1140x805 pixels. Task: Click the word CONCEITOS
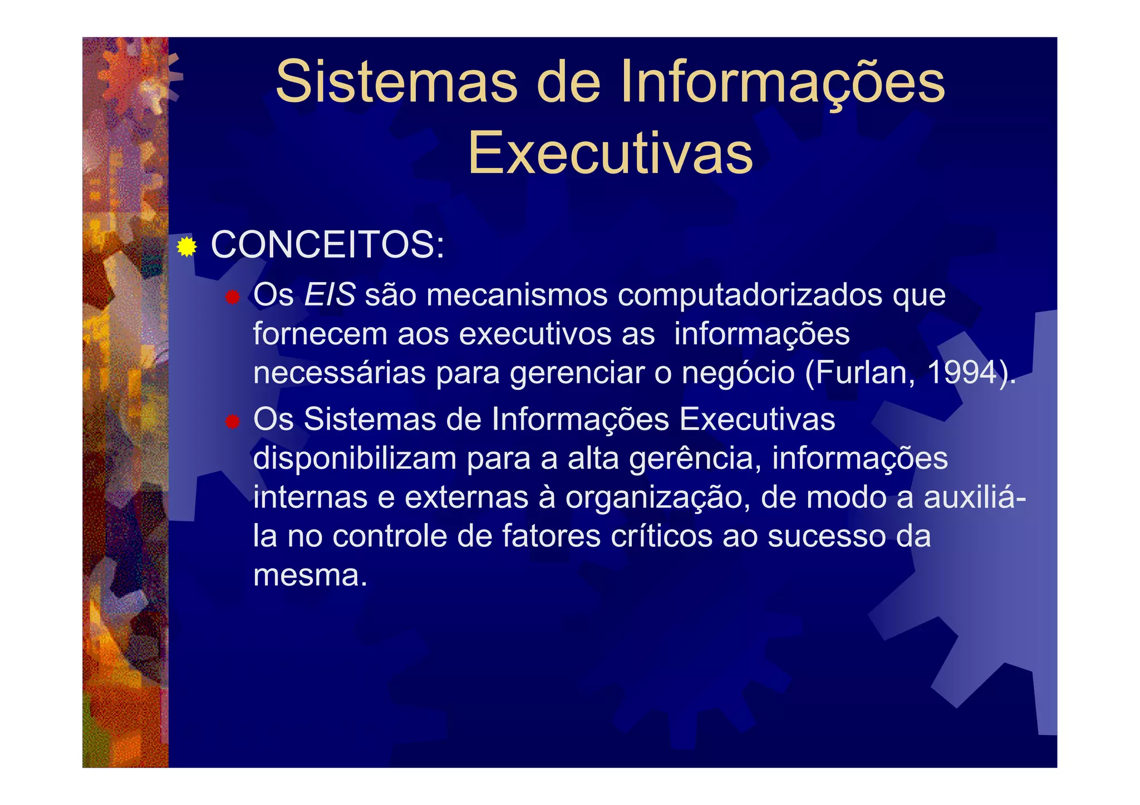click(x=327, y=245)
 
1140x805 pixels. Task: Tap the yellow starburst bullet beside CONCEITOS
click(x=187, y=246)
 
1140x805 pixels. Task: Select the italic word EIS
click(x=330, y=294)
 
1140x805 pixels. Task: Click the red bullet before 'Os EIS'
click(x=232, y=297)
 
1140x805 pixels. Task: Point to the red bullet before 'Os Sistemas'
click(x=232, y=422)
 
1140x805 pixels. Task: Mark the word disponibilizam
click(x=355, y=459)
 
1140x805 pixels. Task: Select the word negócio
click(x=738, y=373)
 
